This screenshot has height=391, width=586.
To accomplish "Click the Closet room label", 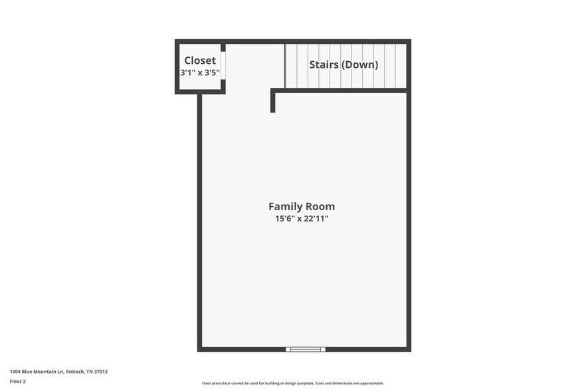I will pyautogui.click(x=200, y=61).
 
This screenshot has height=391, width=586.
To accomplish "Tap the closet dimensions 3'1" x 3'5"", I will pyautogui.click(x=200, y=72).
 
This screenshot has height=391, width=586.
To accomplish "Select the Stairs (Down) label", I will pyautogui.click(x=343, y=65).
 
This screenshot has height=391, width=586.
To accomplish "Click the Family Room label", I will pyautogui.click(x=302, y=206).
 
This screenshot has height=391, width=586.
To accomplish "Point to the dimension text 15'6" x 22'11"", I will pyautogui.click(x=302, y=218).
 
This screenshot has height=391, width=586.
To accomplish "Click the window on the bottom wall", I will pyautogui.click(x=306, y=348).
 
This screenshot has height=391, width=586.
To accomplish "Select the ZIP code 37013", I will pyautogui.click(x=101, y=372).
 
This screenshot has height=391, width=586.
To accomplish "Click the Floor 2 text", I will pyautogui.click(x=17, y=382).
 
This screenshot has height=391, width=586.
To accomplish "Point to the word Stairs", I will pyautogui.click(x=324, y=65).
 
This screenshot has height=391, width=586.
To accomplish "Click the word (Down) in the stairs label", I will pyautogui.click(x=359, y=65).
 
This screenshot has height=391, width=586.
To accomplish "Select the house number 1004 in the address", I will pyautogui.click(x=15, y=372).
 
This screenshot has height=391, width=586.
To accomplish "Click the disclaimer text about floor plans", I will pyautogui.click(x=292, y=383).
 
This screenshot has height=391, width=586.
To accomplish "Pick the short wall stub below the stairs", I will pyautogui.click(x=273, y=102).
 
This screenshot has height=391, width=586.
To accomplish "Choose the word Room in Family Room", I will pyautogui.click(x=320, y=206).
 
